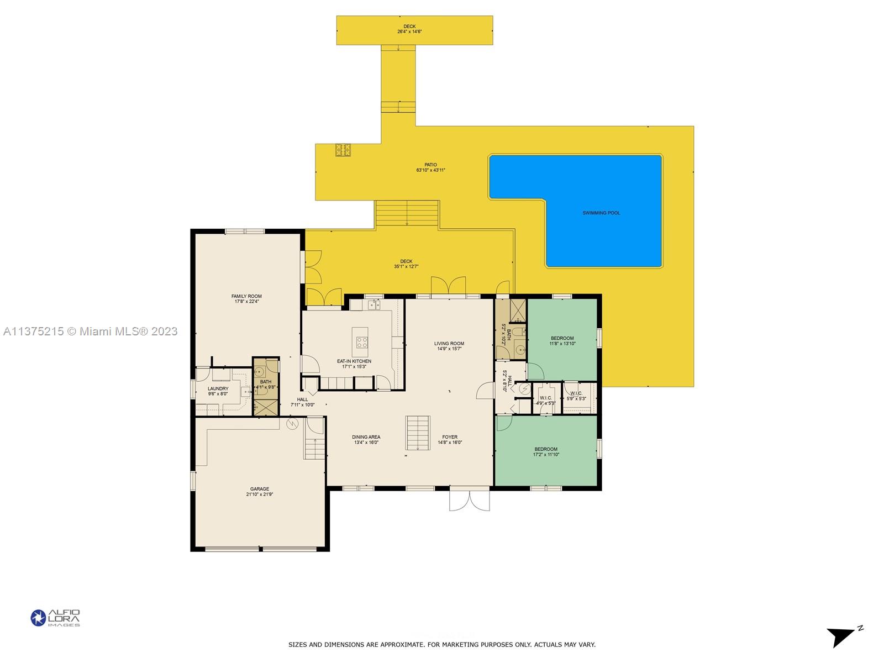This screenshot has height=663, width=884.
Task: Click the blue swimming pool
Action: tap(602, 213)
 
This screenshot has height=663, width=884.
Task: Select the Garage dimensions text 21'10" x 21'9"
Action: tap(260, 494)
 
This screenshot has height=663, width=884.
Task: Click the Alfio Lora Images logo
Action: tap(55, 618)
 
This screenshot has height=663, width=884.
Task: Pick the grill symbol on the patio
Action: tap(343, 150)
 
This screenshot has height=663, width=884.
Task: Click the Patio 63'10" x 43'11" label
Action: tap(430, 167)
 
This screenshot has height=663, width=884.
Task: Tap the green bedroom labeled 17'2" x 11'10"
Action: tap(545, 451)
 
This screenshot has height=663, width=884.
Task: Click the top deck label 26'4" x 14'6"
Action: tap(409, 29)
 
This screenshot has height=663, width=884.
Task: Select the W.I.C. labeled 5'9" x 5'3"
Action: tap(576, 396)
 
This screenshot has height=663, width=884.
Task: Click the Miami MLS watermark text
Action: tap(91, 331)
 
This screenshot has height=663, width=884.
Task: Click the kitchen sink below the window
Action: tap(374, 304)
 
